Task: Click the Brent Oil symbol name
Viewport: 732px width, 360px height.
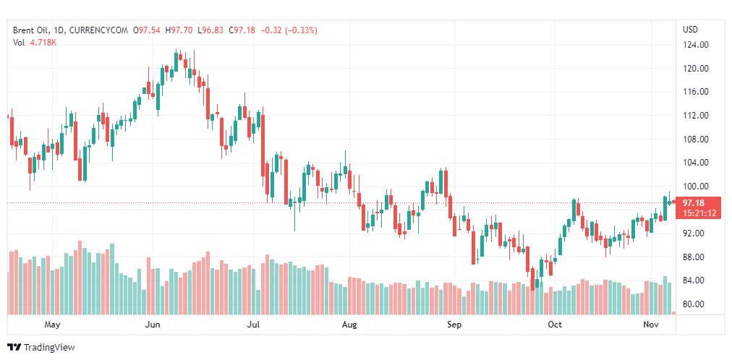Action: pyautogui.click(x=32, y=30)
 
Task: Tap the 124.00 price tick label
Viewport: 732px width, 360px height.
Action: pyautogui.click(x=694, y=45)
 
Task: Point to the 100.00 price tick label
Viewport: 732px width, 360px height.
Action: pyautogui.click(x=694, y=187)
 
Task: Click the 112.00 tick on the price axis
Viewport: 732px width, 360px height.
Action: pyautogui.click(x=694, y=116)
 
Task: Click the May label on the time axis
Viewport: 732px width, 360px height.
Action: pyautogui.click(x=52, y=325)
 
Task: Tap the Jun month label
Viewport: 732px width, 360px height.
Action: pyautogui.click(x=153, y=325)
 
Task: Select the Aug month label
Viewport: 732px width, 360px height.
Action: pyautogui.click(x=349, y=325)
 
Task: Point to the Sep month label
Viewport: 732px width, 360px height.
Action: pyautogui.click(x=454, y=325)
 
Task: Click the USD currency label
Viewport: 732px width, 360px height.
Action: pyautogui.click(x=690, y=30)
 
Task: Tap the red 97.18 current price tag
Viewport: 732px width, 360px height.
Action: pyautogui.click(x=699, y=202)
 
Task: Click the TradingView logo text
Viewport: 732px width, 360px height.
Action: pyautogui.click(x=48, y=348)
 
